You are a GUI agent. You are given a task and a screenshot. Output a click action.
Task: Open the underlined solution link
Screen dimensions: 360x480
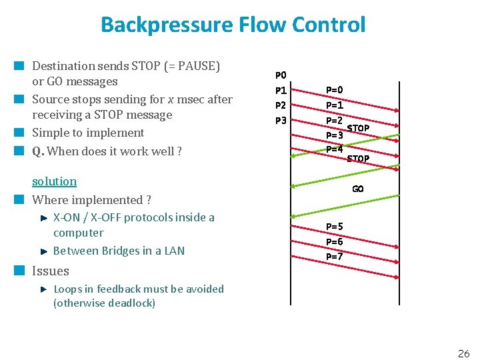[54, 181]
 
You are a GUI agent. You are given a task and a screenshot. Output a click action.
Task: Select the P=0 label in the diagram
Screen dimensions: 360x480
[335, 90]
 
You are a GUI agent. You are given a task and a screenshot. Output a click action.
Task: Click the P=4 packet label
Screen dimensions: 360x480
[335, 149]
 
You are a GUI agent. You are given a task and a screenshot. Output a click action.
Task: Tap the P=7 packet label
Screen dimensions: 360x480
[335, 257]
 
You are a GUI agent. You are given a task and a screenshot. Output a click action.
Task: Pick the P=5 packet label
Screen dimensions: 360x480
[335, 227]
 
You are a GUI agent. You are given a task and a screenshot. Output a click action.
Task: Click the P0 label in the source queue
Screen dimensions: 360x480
[281, 75]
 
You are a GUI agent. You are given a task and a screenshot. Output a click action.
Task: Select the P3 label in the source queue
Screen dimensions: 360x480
[281, 121]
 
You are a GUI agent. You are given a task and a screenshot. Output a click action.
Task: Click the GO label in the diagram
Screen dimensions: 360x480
[358, 189]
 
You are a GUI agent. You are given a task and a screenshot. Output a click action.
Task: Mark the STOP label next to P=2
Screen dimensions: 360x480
[359, 128]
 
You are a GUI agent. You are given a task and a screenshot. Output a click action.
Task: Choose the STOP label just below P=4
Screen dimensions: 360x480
[358, 159]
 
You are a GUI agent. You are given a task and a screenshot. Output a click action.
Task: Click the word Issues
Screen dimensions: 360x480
[51, 271]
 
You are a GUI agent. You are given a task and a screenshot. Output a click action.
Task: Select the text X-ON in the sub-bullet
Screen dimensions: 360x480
[67, 217]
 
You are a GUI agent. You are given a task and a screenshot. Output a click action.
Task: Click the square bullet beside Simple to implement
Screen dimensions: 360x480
[20, 133]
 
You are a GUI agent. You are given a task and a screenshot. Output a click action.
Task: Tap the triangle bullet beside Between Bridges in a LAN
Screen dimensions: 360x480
[43, 251]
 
